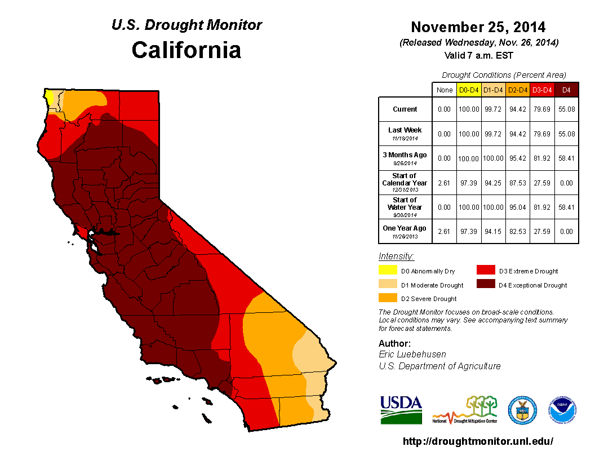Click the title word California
(x=187, y=50)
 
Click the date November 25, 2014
(x=478, y=27)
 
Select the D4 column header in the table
(x=566, y=90)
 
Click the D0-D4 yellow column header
(x=469, y=90)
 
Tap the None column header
(x=444, y=90)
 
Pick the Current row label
(x=405, y=109)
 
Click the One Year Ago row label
(x=405, y=228)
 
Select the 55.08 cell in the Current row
(x=566, y=109)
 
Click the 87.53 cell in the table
(x=518, y=183)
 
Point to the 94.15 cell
(x=493, y=232)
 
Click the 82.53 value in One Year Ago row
(x=518, y=232)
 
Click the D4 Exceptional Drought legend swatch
(x=486, y=285)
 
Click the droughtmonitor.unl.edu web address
(x=478, y=441)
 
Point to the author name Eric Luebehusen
(x=413, y=355)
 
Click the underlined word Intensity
(x=396, y=256)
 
